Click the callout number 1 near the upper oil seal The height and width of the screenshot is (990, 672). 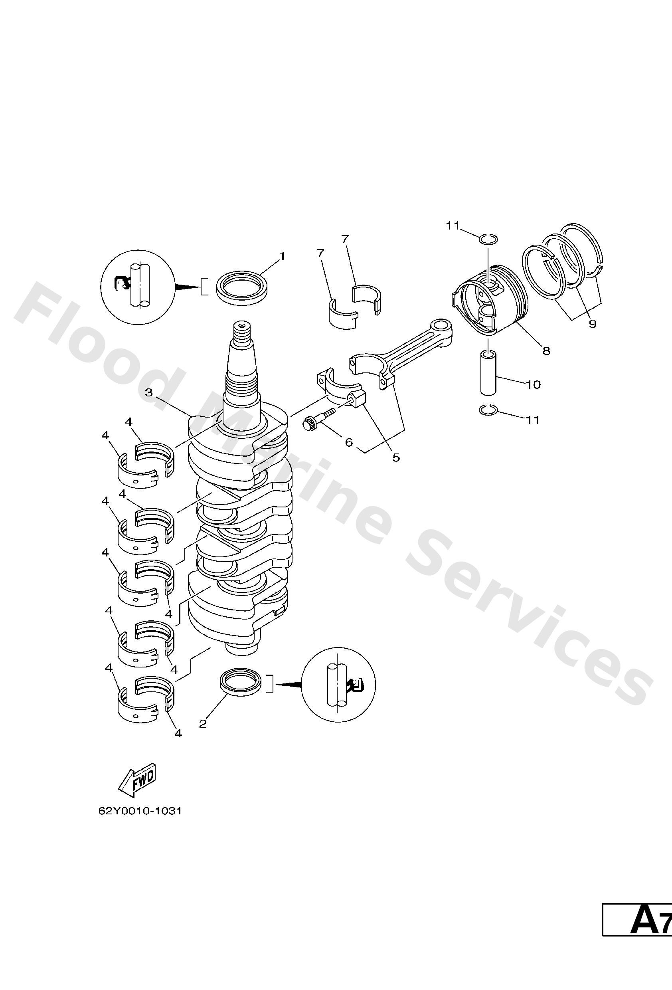click(281, 256)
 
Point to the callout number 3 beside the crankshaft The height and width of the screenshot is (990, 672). click(148, 392)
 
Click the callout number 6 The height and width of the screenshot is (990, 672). click(349, 442)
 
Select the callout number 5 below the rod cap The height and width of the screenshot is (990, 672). click(396, 457)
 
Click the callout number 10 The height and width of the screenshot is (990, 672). click(533, 385)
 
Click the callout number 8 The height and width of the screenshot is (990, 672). click(546, 350)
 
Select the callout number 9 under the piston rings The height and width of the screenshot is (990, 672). click(592, 324)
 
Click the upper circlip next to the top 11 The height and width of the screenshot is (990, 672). click(486, 239)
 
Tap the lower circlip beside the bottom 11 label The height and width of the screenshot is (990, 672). click(486, 410)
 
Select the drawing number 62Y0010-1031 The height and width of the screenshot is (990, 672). click(140, 811)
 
